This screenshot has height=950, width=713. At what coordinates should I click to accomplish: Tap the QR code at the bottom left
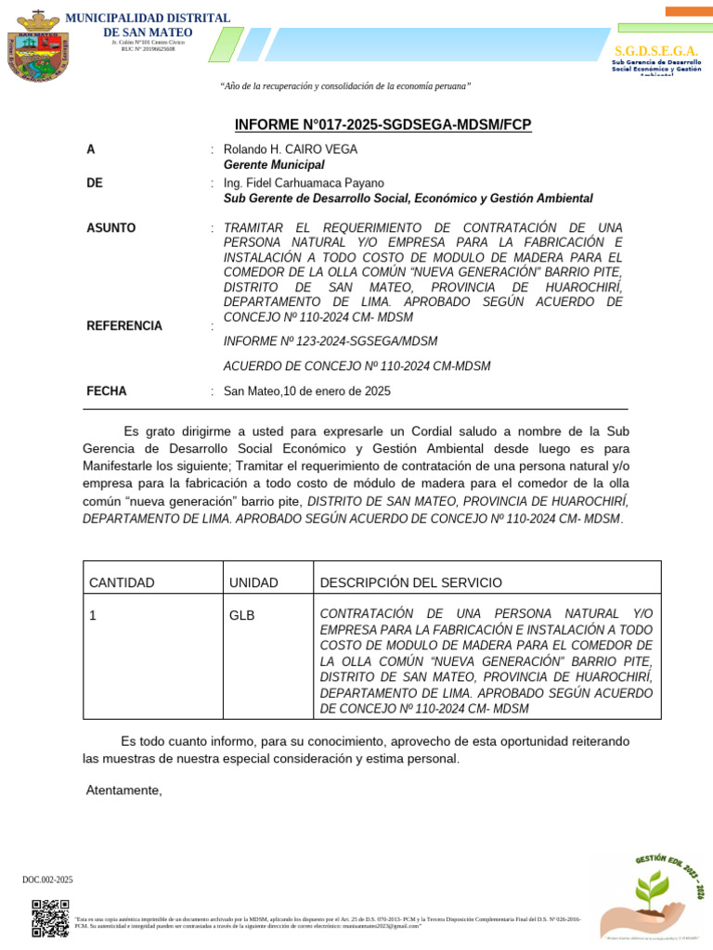point(50,918)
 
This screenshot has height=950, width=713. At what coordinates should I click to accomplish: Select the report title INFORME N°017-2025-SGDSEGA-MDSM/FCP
point(382,125)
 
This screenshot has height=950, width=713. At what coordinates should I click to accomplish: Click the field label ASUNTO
point(110,227)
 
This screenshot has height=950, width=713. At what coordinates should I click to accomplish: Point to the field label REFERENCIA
point(123,326)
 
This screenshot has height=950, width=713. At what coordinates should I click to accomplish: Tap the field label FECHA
point(106,392)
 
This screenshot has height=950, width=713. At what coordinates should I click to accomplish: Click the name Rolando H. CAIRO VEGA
point(291,149)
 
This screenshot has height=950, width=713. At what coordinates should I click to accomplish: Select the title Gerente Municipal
point(274,164)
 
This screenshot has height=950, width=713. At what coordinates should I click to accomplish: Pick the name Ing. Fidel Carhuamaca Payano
point(304,184)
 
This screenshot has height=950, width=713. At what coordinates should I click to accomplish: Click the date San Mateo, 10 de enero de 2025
point(307,392)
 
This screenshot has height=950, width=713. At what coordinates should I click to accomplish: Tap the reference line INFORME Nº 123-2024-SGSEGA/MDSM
point(331,341)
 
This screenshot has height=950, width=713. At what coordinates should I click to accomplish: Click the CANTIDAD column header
point(122,583)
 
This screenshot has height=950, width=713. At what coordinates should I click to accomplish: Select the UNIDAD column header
point(253,583)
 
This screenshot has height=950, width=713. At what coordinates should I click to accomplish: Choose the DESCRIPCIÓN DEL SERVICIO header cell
point(410,583)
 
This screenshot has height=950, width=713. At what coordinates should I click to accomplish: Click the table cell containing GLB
point(241,615)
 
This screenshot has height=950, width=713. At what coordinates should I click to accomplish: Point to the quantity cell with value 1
point(93,615)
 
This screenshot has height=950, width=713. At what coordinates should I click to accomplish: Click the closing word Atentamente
point(123,790)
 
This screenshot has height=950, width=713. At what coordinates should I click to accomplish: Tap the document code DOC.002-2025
point(47,879)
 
